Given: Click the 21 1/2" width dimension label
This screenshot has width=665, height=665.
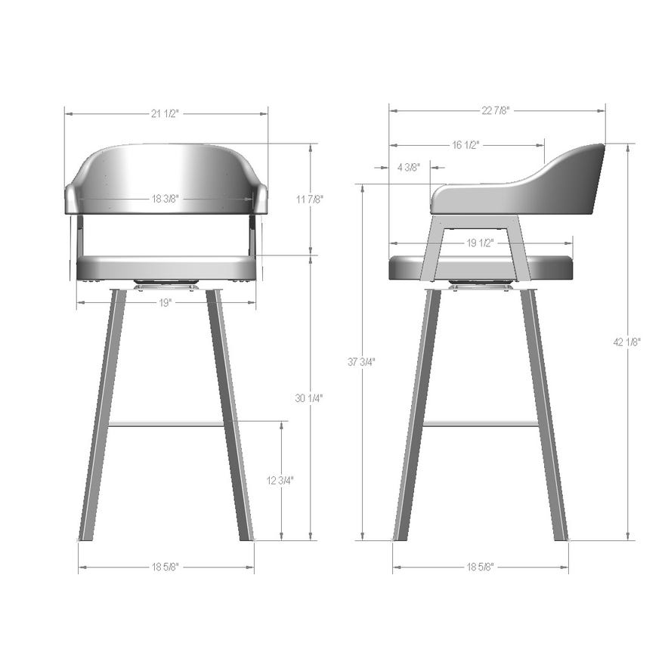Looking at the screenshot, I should (x=165, y=113).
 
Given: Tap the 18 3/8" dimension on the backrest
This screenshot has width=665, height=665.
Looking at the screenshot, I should (x=165, y=199).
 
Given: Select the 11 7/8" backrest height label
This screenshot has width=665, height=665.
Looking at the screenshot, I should (x=310, y=199).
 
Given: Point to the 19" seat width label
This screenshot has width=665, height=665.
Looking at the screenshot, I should (x=165, y=302).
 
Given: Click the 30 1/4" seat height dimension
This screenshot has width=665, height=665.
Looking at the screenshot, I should (x=310, y=397).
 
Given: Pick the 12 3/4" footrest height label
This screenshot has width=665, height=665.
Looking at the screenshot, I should (x=281, y=480).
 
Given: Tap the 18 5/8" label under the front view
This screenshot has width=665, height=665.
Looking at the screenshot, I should (x=165, y=567).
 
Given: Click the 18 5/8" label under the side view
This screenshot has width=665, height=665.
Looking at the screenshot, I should (x=480, y=567).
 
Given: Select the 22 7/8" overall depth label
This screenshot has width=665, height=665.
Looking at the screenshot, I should (x=496, y=110).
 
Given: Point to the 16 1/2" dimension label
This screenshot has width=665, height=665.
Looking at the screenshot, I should (x=466, y=144).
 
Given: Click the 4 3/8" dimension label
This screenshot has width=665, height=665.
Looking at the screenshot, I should (x=408, y=168).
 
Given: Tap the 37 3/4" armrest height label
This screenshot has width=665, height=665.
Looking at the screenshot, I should (x=362, y=362).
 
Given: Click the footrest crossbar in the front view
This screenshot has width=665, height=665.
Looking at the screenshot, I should (x=165, y=424).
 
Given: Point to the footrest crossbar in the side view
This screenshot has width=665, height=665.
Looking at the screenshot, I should (x=480, y=424).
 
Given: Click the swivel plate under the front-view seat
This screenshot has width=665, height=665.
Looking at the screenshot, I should (x=166, y=284).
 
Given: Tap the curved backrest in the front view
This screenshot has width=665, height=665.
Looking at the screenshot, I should (x=166, y=170).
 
